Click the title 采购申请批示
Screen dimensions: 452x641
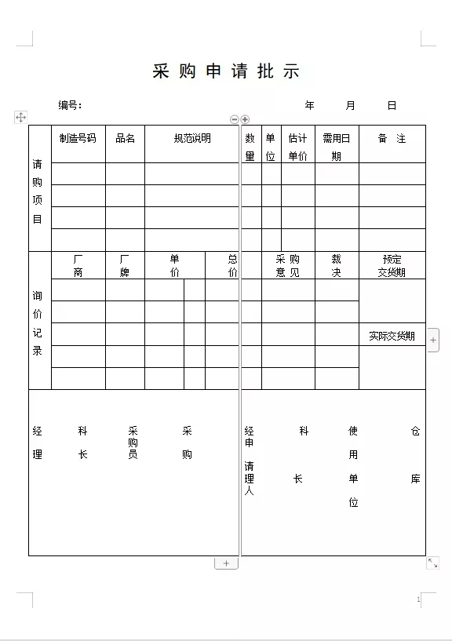tap(226, 71)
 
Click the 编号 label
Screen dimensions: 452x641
tap(70, 105)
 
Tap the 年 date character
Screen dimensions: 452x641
tap(310, 105)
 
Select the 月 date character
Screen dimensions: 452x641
tap(350, 105)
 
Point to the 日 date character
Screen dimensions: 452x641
tap(392, 105)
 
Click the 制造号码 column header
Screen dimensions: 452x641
tap(78, 138)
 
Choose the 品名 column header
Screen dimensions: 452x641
tap(125, 138)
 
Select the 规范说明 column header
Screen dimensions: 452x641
tap(192, 138)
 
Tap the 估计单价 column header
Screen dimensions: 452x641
tap(297, 147)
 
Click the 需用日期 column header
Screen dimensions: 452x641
tap(337, 147)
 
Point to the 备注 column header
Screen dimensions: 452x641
tap(392, 138)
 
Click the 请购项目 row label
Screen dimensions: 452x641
tap(38, 191)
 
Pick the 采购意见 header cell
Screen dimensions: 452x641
tap(287, 265)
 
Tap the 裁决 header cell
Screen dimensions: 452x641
tap(337, 265)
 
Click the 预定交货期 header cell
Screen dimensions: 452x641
tap(392, 265)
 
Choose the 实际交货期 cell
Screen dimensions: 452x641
tap(392, 336)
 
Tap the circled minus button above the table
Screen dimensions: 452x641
tap(234, 119)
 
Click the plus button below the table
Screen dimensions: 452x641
tap(226, 563)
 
